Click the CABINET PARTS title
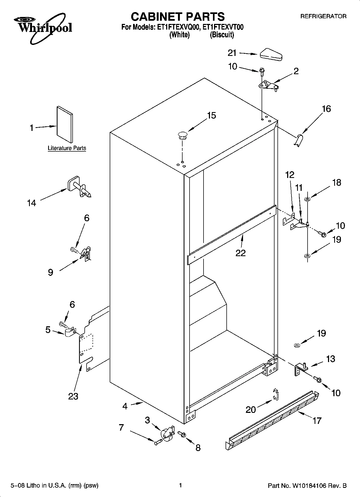[177, 17]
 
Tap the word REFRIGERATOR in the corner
[323, 16]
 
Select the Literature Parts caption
[67, 148]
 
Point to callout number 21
[232, 53]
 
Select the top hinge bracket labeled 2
[268, 86]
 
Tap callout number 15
[211, 116]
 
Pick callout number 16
[326, 109]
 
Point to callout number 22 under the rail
[240, 253]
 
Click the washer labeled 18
[307, 199]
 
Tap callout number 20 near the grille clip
[251, 409]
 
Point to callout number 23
[73, 396]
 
